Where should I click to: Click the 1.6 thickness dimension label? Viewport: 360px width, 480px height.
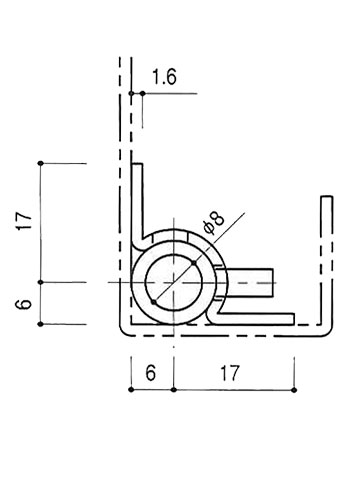click(x=164, y=77)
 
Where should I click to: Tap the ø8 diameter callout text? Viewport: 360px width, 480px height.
click(x=214, y=223)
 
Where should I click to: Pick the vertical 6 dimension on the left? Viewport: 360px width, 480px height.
click(x=25, y=304)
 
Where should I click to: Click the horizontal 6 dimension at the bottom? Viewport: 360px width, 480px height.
click(x=151, y=373)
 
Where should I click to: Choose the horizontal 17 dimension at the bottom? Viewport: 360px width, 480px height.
click(x=230, y=373)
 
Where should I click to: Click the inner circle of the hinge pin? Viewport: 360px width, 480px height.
click(x=174, y=283)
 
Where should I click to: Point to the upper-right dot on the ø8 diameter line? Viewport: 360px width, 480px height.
click(x=194, y=263)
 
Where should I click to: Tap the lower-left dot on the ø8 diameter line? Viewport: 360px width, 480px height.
click(x=153, y=302)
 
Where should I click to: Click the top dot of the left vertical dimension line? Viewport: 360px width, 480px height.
click(x=41, y=163)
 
